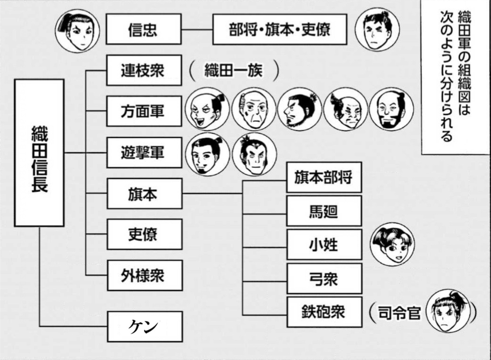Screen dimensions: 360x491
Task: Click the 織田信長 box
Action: tap(39, 153)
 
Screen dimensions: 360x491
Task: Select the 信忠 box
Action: tap(143, 29)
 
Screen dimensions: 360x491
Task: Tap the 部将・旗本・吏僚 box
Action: tap(280, 29)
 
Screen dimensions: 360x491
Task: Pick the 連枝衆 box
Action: tap(144, 70)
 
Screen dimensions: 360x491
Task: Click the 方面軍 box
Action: tap(144, 111)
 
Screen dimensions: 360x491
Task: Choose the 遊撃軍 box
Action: tap(144, 153)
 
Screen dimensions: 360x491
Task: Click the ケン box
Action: tap(145, 327)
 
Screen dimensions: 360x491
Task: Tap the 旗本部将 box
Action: tap(324, 177)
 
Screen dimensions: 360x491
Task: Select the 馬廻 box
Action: tap(324, 211)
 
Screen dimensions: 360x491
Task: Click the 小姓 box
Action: tap(324, 245)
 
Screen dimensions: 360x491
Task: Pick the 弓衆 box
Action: tap(324, 279)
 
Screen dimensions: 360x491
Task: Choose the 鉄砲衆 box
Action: tap(324, 312)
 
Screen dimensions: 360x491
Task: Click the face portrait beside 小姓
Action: tap(392, 245)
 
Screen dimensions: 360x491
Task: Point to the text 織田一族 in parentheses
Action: tap(234, 71)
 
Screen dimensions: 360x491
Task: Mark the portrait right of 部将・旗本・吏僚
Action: tap(377, 30)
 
